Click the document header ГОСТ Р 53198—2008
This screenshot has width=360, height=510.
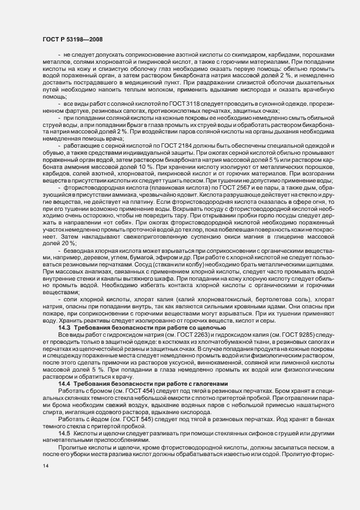[x=71, y=39]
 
